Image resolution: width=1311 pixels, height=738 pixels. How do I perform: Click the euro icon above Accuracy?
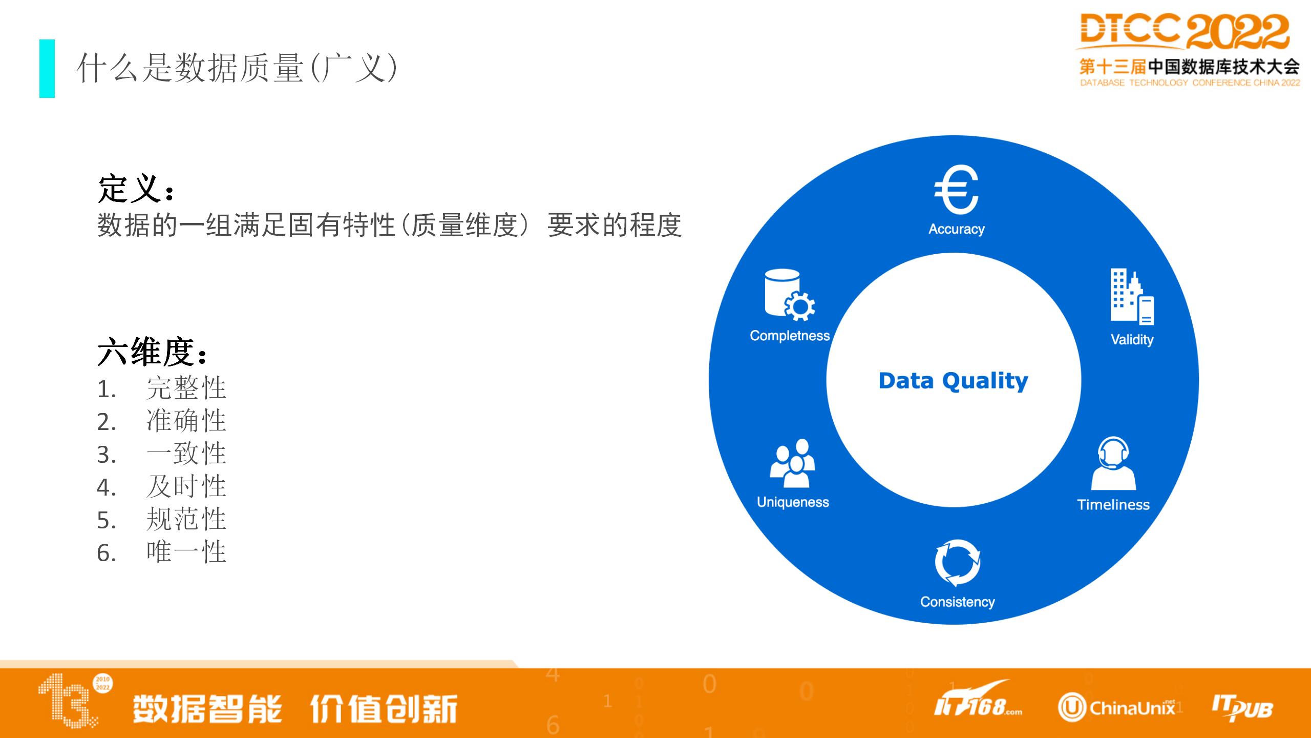click(x=957, y=189)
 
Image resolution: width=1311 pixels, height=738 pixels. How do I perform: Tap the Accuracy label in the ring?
click(x=957, y=229)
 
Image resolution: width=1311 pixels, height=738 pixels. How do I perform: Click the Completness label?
click(x=790, y=336)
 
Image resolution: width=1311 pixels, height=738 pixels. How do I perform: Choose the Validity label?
click(x=1132, y=340)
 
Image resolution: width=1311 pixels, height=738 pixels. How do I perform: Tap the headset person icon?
click(x=1113, y=464)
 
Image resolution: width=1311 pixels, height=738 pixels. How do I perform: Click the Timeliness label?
click(x=1113, y=505)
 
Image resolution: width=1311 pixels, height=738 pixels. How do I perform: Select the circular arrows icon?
click(x=958, y=562)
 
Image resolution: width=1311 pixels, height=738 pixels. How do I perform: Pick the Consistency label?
click(x=958, y=602)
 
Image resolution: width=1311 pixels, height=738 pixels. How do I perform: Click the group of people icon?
click(x=792, y=463)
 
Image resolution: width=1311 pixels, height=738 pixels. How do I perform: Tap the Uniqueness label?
click(x=793, y=502)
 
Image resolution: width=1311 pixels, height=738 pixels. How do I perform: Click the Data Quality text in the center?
click(x=953, y=381)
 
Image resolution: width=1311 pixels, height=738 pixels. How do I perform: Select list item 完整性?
click(x=186, y=388)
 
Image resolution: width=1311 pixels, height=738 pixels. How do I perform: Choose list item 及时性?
click(x=186, y=486)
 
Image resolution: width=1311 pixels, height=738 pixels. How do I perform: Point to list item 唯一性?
click(x=186, y=552)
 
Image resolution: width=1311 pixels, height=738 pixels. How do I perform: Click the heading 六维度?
click(x=152, y=352)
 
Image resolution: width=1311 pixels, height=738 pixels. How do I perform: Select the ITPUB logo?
click(x=1242, y=708)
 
